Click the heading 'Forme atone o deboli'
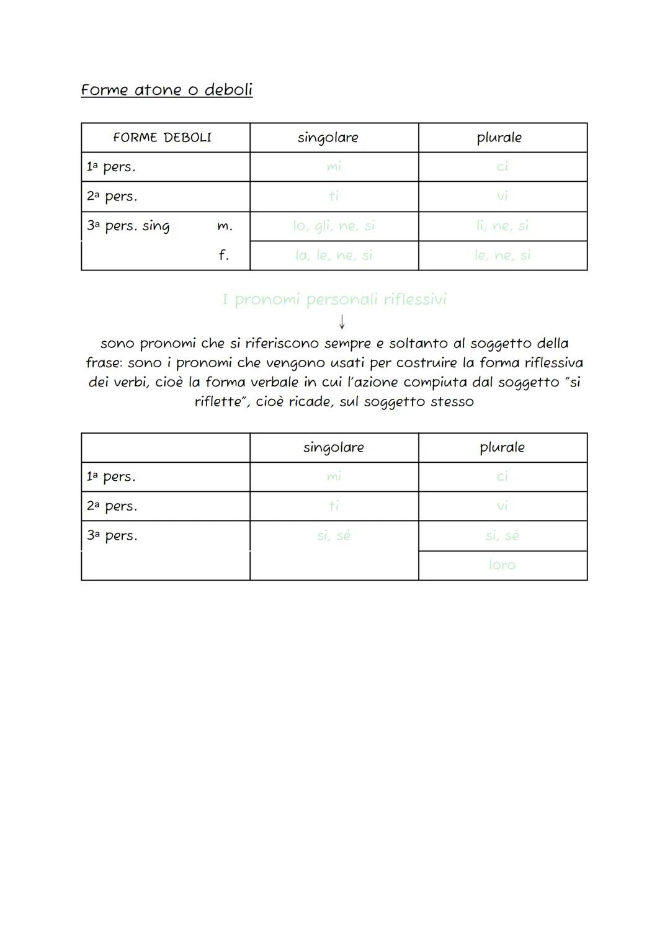166,90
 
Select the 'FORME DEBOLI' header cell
163,138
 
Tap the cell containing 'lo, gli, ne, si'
334,226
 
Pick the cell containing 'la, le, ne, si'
334,255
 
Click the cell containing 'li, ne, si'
502,226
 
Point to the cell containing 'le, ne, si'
502,255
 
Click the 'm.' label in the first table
225,227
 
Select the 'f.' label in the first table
223,255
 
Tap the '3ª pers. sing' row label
128,226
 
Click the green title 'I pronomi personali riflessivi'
334,300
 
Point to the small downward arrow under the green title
342,321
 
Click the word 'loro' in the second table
502,565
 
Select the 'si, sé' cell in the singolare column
334,535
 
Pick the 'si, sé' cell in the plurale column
502,535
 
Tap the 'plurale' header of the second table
502,447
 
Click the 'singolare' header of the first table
328,138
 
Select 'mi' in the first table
334,167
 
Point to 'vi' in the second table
502,506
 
